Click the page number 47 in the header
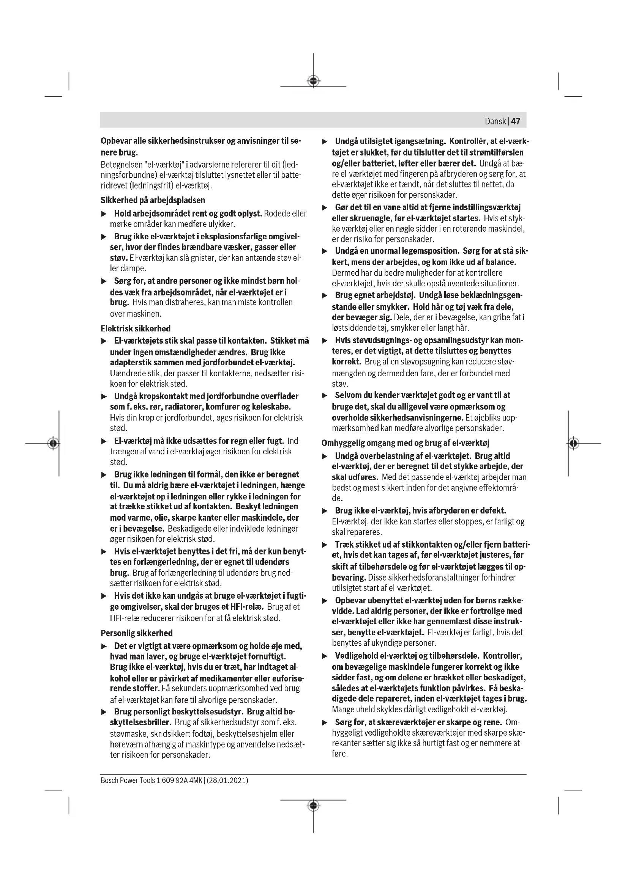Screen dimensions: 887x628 pos(516,121)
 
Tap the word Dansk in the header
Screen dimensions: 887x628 pos(495,121)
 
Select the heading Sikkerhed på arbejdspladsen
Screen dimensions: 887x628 pos(153,200)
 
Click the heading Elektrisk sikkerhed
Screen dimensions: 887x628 pos(135,328)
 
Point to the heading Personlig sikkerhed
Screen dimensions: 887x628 pos(137,633)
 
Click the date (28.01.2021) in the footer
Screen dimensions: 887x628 pos(227,780)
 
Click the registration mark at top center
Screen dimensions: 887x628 pos(313,81)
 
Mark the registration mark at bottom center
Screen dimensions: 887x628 pos(313,805)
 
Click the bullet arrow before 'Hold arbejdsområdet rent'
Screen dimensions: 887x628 pos(104,214)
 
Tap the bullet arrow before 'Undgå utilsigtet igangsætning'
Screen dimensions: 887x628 pos(325,141)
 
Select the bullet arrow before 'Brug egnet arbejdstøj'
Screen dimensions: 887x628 pos(325,295)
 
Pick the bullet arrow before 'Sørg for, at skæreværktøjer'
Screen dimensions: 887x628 pos(325,722)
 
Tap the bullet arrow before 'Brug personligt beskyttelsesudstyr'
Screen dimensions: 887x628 pos(104,711)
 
